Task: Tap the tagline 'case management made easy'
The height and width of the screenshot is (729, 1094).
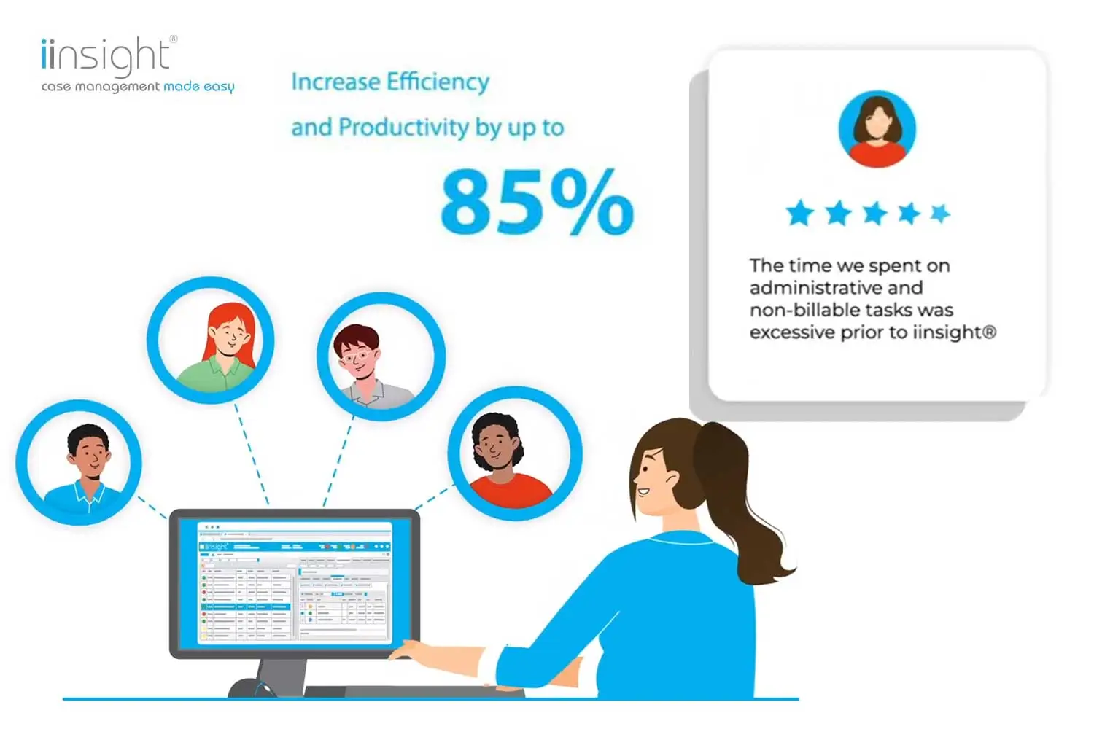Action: pyautogui.click(x=138, y=87)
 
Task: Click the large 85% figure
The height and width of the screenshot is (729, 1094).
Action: pyautogui.click(x=537, y=202)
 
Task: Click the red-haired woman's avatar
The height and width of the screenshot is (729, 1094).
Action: pyautogui.click(x=211, y=339)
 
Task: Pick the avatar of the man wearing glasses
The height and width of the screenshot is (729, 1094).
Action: pyautogui.click(x=381, y=357)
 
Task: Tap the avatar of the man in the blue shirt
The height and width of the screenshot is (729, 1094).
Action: pyautogui.click(x=79, y=463)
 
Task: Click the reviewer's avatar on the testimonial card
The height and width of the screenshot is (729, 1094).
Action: pyautogui.click(x=877, y=129)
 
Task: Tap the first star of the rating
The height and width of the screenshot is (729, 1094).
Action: pyautogui.click(x=800, y=214)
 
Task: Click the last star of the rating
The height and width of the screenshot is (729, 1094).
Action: pyautogui.click(x=940, y=213)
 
